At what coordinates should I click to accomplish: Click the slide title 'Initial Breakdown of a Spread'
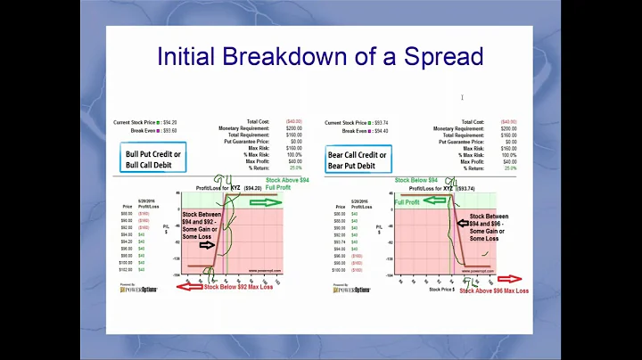pyautogui.click(x=320, y=56)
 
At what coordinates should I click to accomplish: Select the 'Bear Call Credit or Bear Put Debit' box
pyautogui.click(x=358, y=160)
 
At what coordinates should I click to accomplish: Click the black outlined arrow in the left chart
pyautogui.click(x=204, y=244)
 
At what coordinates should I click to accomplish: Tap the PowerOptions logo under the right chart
pyautogui.click(x=350, y=290)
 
